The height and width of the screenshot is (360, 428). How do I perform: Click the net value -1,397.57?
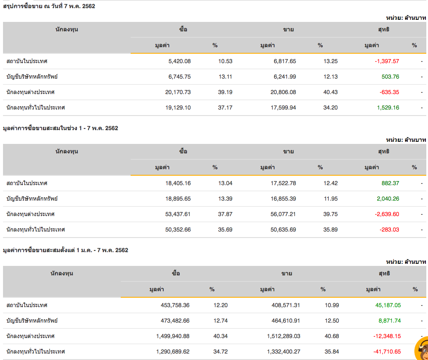[x=387, y=61]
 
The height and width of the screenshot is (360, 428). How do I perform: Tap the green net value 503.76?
[x=390, y=76]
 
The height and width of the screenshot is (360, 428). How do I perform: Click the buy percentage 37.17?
[x=225, y=107]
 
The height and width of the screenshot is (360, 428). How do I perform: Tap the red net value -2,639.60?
[x=387, y=214]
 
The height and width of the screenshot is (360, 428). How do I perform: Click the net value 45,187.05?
[x=385, y=305]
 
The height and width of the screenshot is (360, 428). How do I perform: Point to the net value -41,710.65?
[x=385, y=351]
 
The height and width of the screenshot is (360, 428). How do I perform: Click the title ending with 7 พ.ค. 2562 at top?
[x=49, y=6]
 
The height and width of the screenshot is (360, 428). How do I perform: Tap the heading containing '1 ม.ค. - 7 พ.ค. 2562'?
[x=65, y=250]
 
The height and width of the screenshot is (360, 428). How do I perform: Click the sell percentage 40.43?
[x=330, y=92]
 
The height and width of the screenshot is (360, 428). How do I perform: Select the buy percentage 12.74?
[x=220, y=320]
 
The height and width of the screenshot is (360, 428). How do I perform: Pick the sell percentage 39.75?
[x=330, y=214]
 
